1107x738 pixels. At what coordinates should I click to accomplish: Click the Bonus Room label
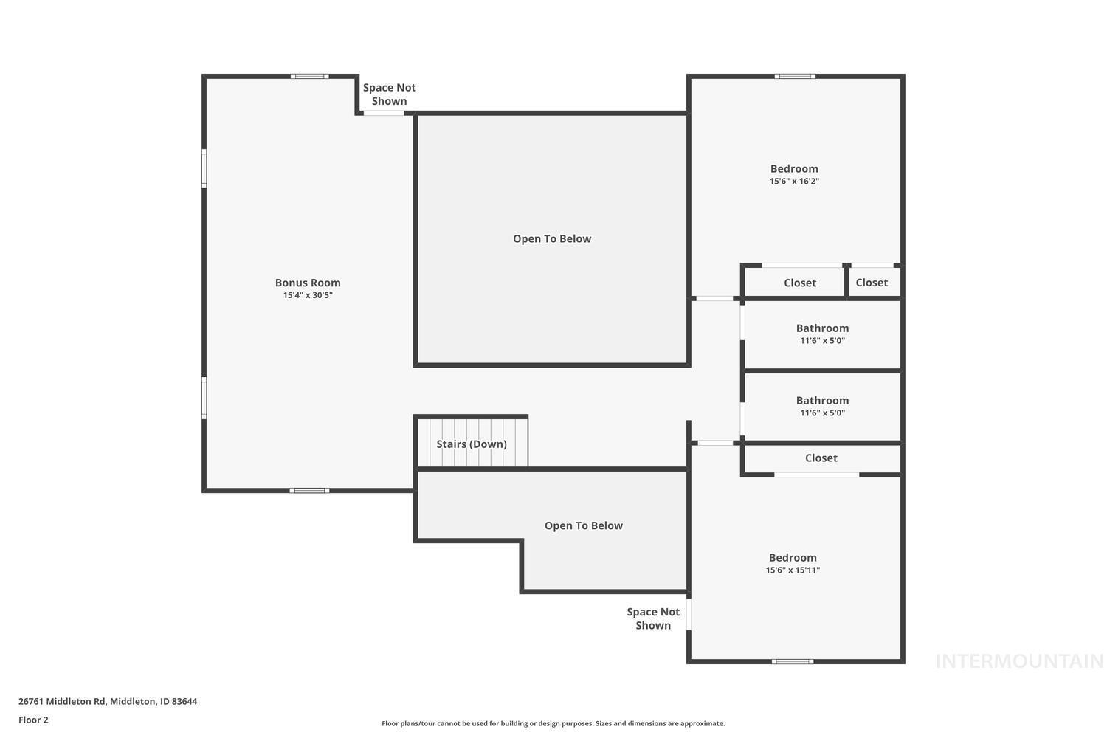308,283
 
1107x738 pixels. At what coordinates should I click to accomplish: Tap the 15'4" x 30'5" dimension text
308,295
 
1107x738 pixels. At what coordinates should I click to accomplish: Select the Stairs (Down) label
472,444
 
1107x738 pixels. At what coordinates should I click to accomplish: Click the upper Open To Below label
552,238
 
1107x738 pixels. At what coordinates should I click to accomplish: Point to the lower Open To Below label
584,525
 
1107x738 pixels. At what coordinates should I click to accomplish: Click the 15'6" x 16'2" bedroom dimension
794,181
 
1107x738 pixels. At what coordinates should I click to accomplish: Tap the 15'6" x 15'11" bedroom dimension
793,570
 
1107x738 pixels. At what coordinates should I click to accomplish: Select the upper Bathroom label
822,328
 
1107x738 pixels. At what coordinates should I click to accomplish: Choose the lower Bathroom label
822,401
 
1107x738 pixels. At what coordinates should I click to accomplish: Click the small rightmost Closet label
872,283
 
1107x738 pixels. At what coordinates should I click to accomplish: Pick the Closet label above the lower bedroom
821,458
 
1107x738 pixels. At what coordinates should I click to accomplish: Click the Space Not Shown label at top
389,94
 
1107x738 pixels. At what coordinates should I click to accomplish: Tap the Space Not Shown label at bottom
653,618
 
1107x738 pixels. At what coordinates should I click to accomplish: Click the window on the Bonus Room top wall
309,76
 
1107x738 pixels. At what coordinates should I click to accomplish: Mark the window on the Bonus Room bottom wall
309,490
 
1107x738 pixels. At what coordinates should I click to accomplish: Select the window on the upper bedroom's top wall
795,76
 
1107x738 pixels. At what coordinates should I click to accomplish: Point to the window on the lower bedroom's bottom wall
793,661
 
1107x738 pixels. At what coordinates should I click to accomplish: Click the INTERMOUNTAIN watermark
1019,661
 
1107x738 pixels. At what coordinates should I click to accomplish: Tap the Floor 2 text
33,720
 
